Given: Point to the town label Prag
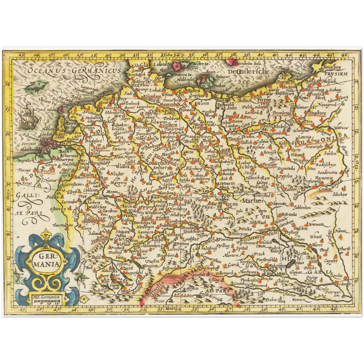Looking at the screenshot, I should click(x=227, y=195).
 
